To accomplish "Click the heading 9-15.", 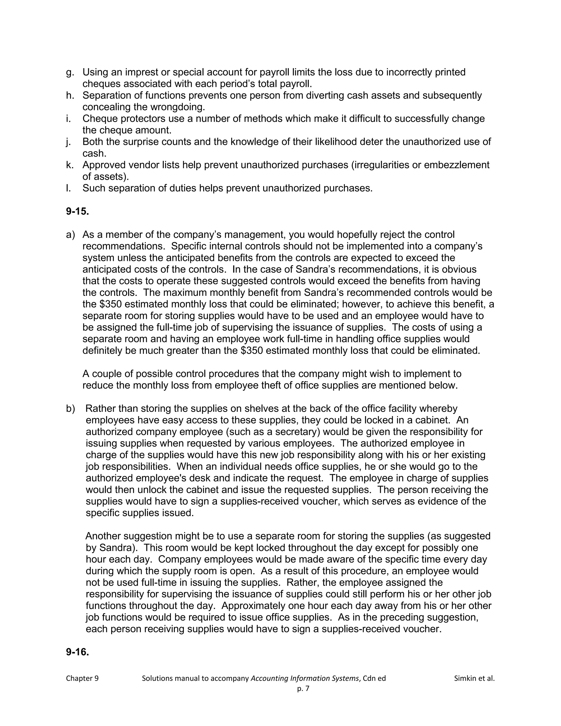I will point(78,211).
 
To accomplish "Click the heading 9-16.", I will point(78,652).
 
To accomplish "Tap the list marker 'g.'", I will point(70,72).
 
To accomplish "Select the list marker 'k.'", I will point(70,165).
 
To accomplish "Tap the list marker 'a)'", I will point(70,235).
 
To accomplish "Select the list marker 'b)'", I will point(70,408).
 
